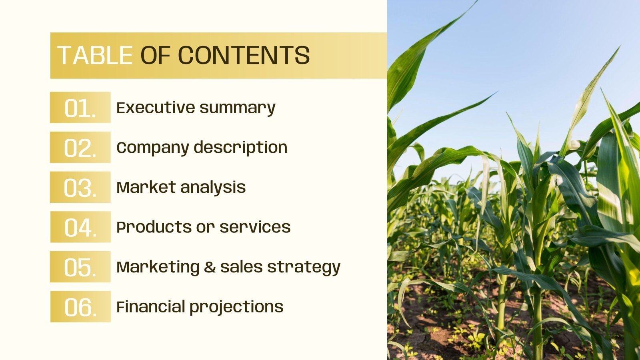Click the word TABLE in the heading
tap(95, 55)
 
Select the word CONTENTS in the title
tap(244, 55)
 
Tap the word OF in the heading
tap(156, 55)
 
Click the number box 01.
tap(80, 108)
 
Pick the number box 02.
tap(80, 147)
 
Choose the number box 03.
tap(80, 187)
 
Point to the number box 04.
tap(80, 227)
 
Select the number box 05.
tap(80, 267)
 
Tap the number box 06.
tap(80, 306)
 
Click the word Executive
tap(155, 108)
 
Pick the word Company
tap(152, 148)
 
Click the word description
tap(241, 148)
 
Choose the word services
tap(255, 227)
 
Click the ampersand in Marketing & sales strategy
tap(210, 267)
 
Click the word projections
tap(236, 307)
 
